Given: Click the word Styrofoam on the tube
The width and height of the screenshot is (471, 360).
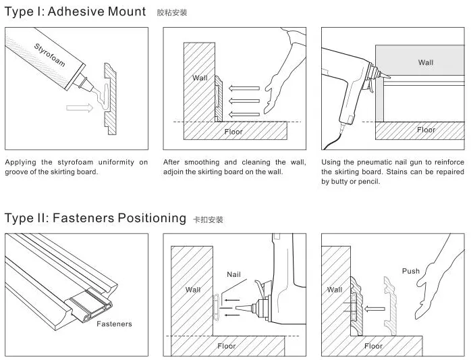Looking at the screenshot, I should coord(50,55).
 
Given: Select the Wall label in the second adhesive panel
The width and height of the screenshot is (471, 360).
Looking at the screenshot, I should coord(200,78).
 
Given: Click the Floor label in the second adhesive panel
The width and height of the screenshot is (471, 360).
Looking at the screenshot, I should coord(233,132).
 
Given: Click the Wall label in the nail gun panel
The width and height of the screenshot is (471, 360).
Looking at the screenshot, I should coord(426,63).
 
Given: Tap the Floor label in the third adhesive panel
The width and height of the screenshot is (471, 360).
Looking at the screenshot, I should coord(426,130).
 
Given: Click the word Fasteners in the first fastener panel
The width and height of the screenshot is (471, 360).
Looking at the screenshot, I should coord(114,324).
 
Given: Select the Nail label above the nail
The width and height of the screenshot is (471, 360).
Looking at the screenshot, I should coord(233,275).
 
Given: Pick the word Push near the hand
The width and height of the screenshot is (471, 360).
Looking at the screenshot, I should coord(411,271).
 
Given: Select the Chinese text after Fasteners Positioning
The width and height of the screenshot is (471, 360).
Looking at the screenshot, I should coord(208,220).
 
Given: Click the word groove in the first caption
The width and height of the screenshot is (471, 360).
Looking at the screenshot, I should coord(18,172).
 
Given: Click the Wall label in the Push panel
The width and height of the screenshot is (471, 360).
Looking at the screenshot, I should coord(335,290).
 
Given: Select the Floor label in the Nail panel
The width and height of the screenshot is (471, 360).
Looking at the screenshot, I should coord(227,346).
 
